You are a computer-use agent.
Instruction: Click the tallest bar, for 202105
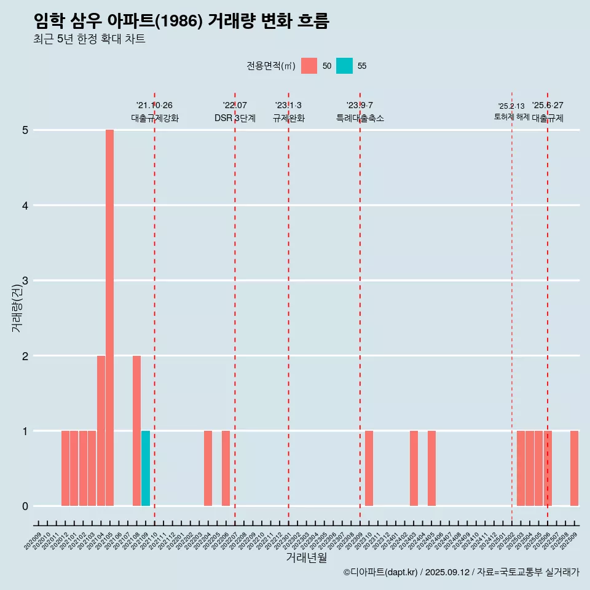pos(109,318)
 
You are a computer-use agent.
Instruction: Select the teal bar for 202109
pos(146,468)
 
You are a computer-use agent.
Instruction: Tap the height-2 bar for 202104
pos(101,430)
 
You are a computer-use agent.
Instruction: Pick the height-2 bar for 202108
pos(136,430)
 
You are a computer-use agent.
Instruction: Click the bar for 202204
pos(208,468)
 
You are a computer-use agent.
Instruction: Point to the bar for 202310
pos(369,468)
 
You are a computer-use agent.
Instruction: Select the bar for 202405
pos(431,468)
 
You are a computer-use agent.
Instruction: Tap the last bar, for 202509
pos(574,468)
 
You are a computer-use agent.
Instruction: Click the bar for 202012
pos(65,468)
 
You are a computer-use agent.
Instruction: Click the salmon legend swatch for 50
pos(309,66)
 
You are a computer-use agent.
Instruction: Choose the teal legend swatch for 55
pos(344,66)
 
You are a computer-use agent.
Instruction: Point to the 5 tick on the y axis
pos(25,130)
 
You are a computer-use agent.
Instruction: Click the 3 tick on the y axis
pos(25,281)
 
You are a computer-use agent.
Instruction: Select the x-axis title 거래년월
pos(305,557)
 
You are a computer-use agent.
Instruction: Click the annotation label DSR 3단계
pos(235,118)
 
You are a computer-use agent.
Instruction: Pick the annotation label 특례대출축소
pos(360,118)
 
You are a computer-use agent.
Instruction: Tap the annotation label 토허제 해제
pos(512,117)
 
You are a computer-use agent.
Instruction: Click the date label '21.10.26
pos(154,105)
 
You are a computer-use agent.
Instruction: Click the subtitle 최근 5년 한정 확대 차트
pos(89,40)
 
